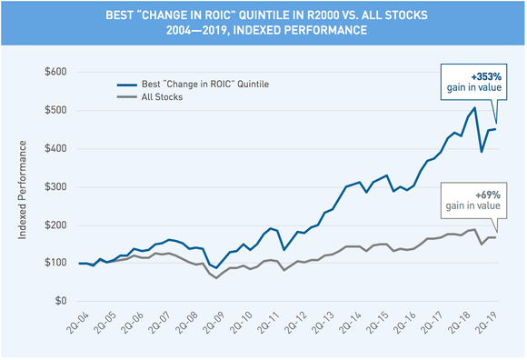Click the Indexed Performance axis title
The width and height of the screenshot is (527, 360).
[x=22, y=186]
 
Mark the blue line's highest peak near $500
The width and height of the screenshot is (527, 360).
[x=474, y=108]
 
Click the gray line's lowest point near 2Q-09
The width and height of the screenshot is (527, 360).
[x=216, y=277]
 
